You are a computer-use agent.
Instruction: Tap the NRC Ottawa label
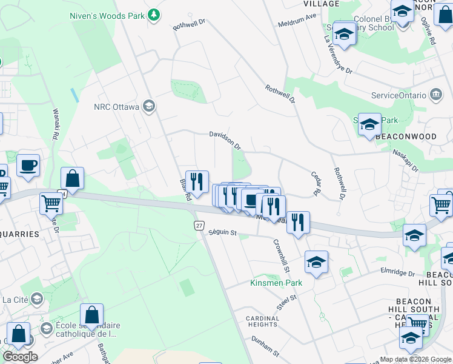(117, 107)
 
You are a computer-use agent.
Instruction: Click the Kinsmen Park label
(276, 283)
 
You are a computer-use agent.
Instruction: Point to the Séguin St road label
(222, 232)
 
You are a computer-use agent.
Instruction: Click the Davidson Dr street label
(225, 140)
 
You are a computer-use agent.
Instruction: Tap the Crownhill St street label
(282, 245)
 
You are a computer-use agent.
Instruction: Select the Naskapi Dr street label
(405, 160)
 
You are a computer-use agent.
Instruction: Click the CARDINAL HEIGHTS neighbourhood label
(262, 322)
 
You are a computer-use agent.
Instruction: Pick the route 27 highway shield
(199, 225)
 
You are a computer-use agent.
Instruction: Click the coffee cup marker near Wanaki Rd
(28, 165)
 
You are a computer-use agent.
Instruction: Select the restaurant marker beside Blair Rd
(197, 181)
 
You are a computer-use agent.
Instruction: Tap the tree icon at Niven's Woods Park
(154, 13)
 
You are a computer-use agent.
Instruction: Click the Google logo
(20, 357)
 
